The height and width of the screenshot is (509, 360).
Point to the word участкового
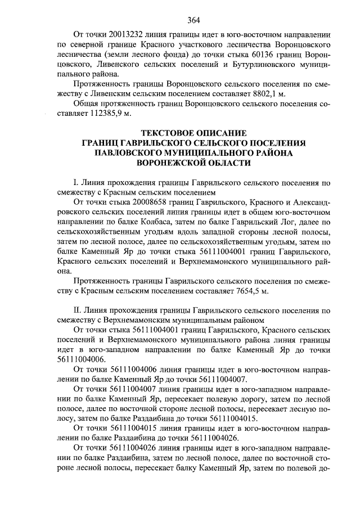[x=159, y=45]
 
